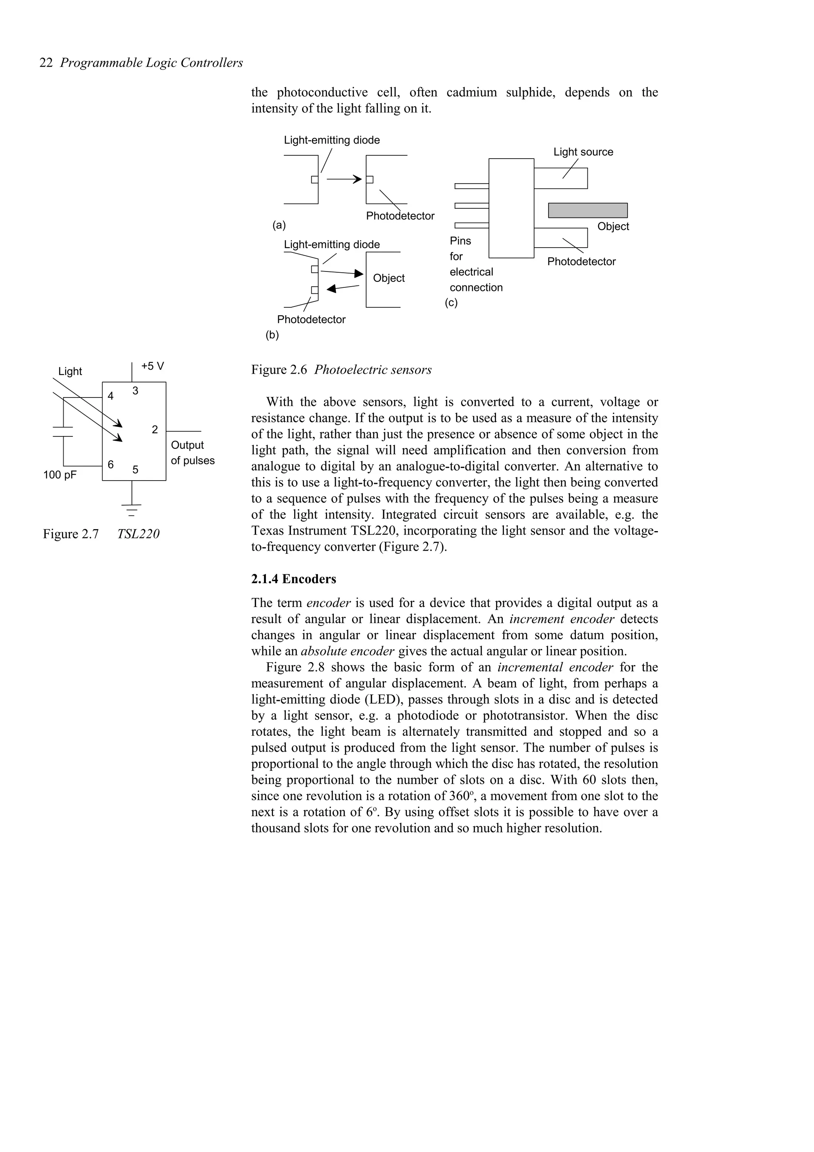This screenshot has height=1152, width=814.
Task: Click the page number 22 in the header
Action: click(x=46, y=63)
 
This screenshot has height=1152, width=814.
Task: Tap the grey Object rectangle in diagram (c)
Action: click(x=587, y=210)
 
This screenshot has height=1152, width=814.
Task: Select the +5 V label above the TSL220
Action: click(x=153, y=366)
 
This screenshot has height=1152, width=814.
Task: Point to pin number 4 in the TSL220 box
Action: click(x=110, y=396)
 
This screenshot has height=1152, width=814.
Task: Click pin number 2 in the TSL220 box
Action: click(x=155, y=429)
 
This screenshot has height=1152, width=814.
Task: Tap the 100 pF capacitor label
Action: click(x=60, y=475)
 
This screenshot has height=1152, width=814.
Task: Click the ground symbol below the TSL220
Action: click(x=132, y=509)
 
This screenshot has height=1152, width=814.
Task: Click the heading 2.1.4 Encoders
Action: click(x=293, y=579)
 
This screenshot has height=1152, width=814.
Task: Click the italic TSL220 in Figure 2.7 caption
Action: click(x=138, y=534)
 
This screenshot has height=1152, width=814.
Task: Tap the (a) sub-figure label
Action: click(x=279, y=225)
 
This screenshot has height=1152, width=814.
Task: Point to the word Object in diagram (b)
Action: click(x=389, y=278)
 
